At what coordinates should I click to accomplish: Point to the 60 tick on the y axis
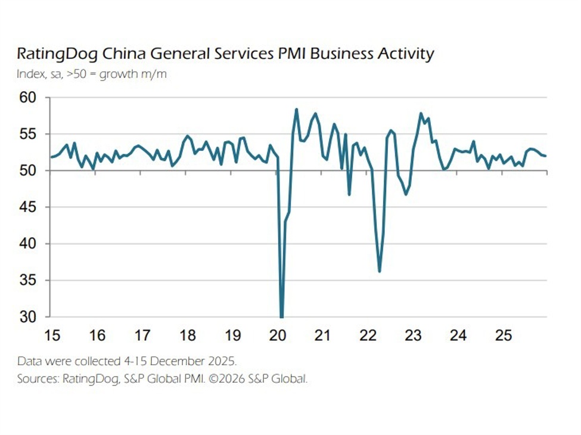click(27, 98)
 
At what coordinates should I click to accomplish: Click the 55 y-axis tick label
click(27, 134)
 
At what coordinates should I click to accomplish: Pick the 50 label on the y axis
click(27, 171)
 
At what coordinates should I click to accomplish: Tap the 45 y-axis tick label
click(27, 207)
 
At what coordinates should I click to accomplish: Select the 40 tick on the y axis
click(27, 244)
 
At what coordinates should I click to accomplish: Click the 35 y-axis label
click(27, 281)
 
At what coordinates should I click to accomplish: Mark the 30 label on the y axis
click(27, 317)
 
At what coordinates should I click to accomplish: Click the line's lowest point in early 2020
click(281, 316)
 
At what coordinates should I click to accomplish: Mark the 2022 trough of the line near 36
click(379, 271)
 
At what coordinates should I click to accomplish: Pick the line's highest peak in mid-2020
click(296, 109)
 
